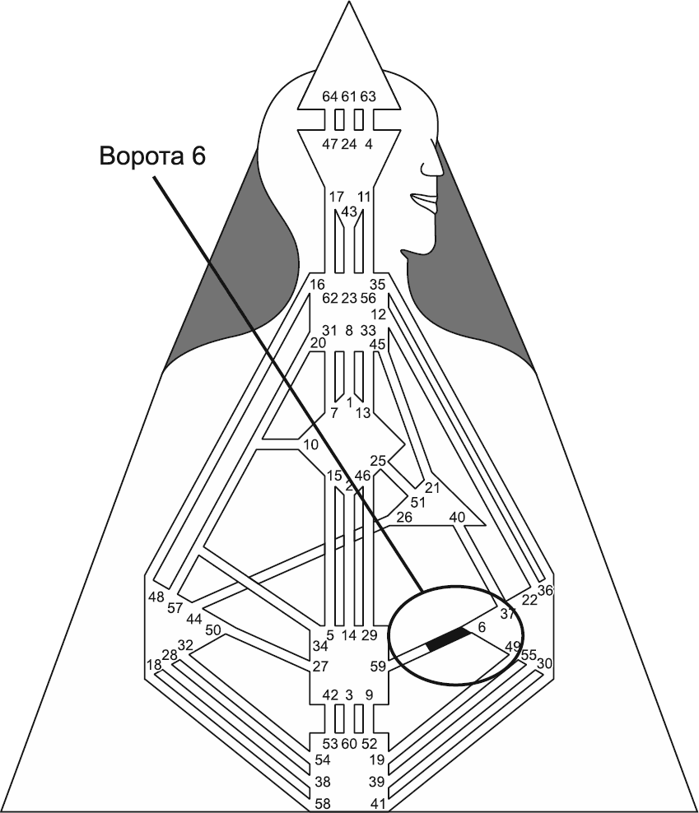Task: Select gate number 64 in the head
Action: point(330,96)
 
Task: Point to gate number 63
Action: point(368,96)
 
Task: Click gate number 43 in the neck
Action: point(348,211)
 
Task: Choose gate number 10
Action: point(310,444)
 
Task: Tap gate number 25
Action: point(378,461)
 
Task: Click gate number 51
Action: point(418,502)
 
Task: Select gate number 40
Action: point(458,517)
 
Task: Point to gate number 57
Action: point(175,608)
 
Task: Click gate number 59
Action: point(378,667)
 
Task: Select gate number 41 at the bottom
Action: point(378,802)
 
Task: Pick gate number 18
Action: point(153,664)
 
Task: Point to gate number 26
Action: point(403,517)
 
